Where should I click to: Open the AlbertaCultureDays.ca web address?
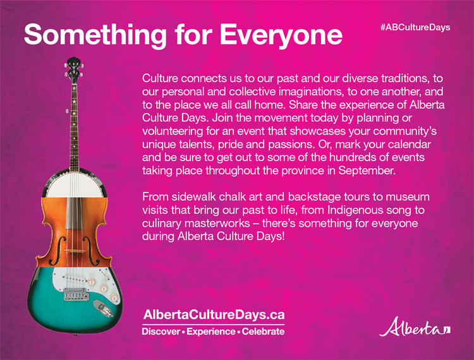214,314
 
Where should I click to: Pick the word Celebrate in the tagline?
262,332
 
